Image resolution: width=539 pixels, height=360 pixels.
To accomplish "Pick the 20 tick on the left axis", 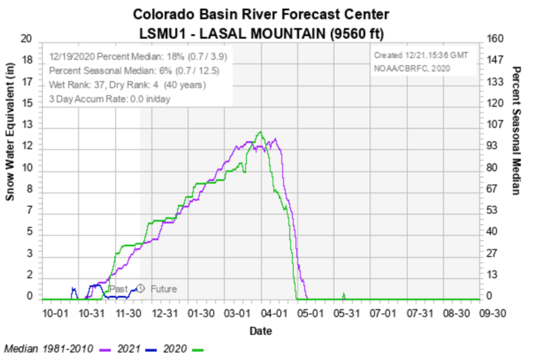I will [x=27, y=39].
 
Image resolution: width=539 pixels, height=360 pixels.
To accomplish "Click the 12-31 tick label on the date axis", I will [x=164, y=313].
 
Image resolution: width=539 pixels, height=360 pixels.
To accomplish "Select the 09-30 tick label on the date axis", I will [x=492, y=313].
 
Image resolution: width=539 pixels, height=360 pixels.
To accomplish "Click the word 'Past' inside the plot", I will [x=119, y=289].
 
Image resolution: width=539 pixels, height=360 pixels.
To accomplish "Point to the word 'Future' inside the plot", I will [x=164, y=289].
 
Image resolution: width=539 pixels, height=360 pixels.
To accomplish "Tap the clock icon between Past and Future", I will [x=141, y=289].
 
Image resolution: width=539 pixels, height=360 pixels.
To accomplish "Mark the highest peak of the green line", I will [x=261, y=132].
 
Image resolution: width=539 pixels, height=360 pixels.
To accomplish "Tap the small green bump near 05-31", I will [x=344, y=295].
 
